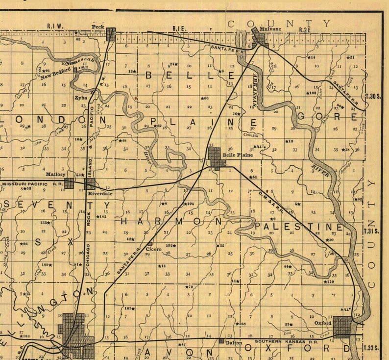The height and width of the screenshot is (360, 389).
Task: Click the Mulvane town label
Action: pyautogui.click(x=271, y=29)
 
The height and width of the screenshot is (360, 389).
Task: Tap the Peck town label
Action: pyautogui.click(x=98, y=26)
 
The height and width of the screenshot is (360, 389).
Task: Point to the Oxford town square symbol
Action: pyautogui.click(x=343, y=326)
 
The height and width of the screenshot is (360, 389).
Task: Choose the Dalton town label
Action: pyautogui.click(x=233, y=343)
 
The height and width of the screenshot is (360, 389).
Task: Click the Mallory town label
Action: pyautogui.click(x=55, y=174)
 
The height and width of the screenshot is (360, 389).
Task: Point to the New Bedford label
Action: pyautogui.click(x=52, y=76)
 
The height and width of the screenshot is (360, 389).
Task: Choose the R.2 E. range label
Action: pyautogui.click(x=305, y=30)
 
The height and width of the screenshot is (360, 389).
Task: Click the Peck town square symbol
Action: pyautogui.click(x=111, y=34)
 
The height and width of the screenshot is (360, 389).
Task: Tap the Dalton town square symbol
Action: pyautogui.click(x=221, y=341)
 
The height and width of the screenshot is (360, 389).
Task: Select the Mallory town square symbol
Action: pyautogui.click(x=69, y=183)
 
